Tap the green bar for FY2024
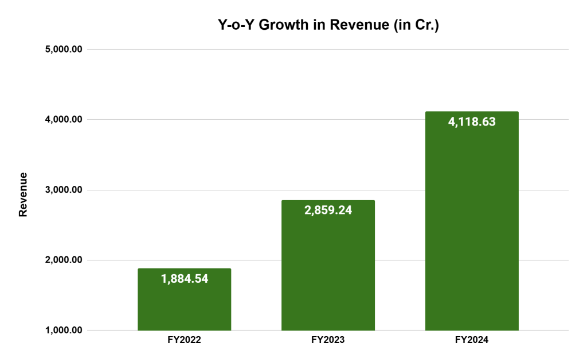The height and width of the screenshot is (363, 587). [472, 229]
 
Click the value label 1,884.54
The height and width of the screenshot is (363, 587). [185, 279]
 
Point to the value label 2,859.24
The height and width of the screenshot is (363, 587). [328, 210]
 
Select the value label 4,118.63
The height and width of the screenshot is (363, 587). [472, 122]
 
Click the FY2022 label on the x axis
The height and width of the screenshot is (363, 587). [184, 339]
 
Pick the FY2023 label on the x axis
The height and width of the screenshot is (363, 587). [328, 339]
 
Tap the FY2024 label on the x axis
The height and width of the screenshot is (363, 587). [472, 339]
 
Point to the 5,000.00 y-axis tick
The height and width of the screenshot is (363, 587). [64, 49]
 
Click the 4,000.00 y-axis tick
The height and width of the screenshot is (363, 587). [64, 119]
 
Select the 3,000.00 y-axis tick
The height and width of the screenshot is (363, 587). [64, 190]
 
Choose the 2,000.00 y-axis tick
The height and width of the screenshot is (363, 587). [64, 260]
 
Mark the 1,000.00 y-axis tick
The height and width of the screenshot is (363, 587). [64, 330]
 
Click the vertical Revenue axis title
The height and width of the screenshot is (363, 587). [24, 194]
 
